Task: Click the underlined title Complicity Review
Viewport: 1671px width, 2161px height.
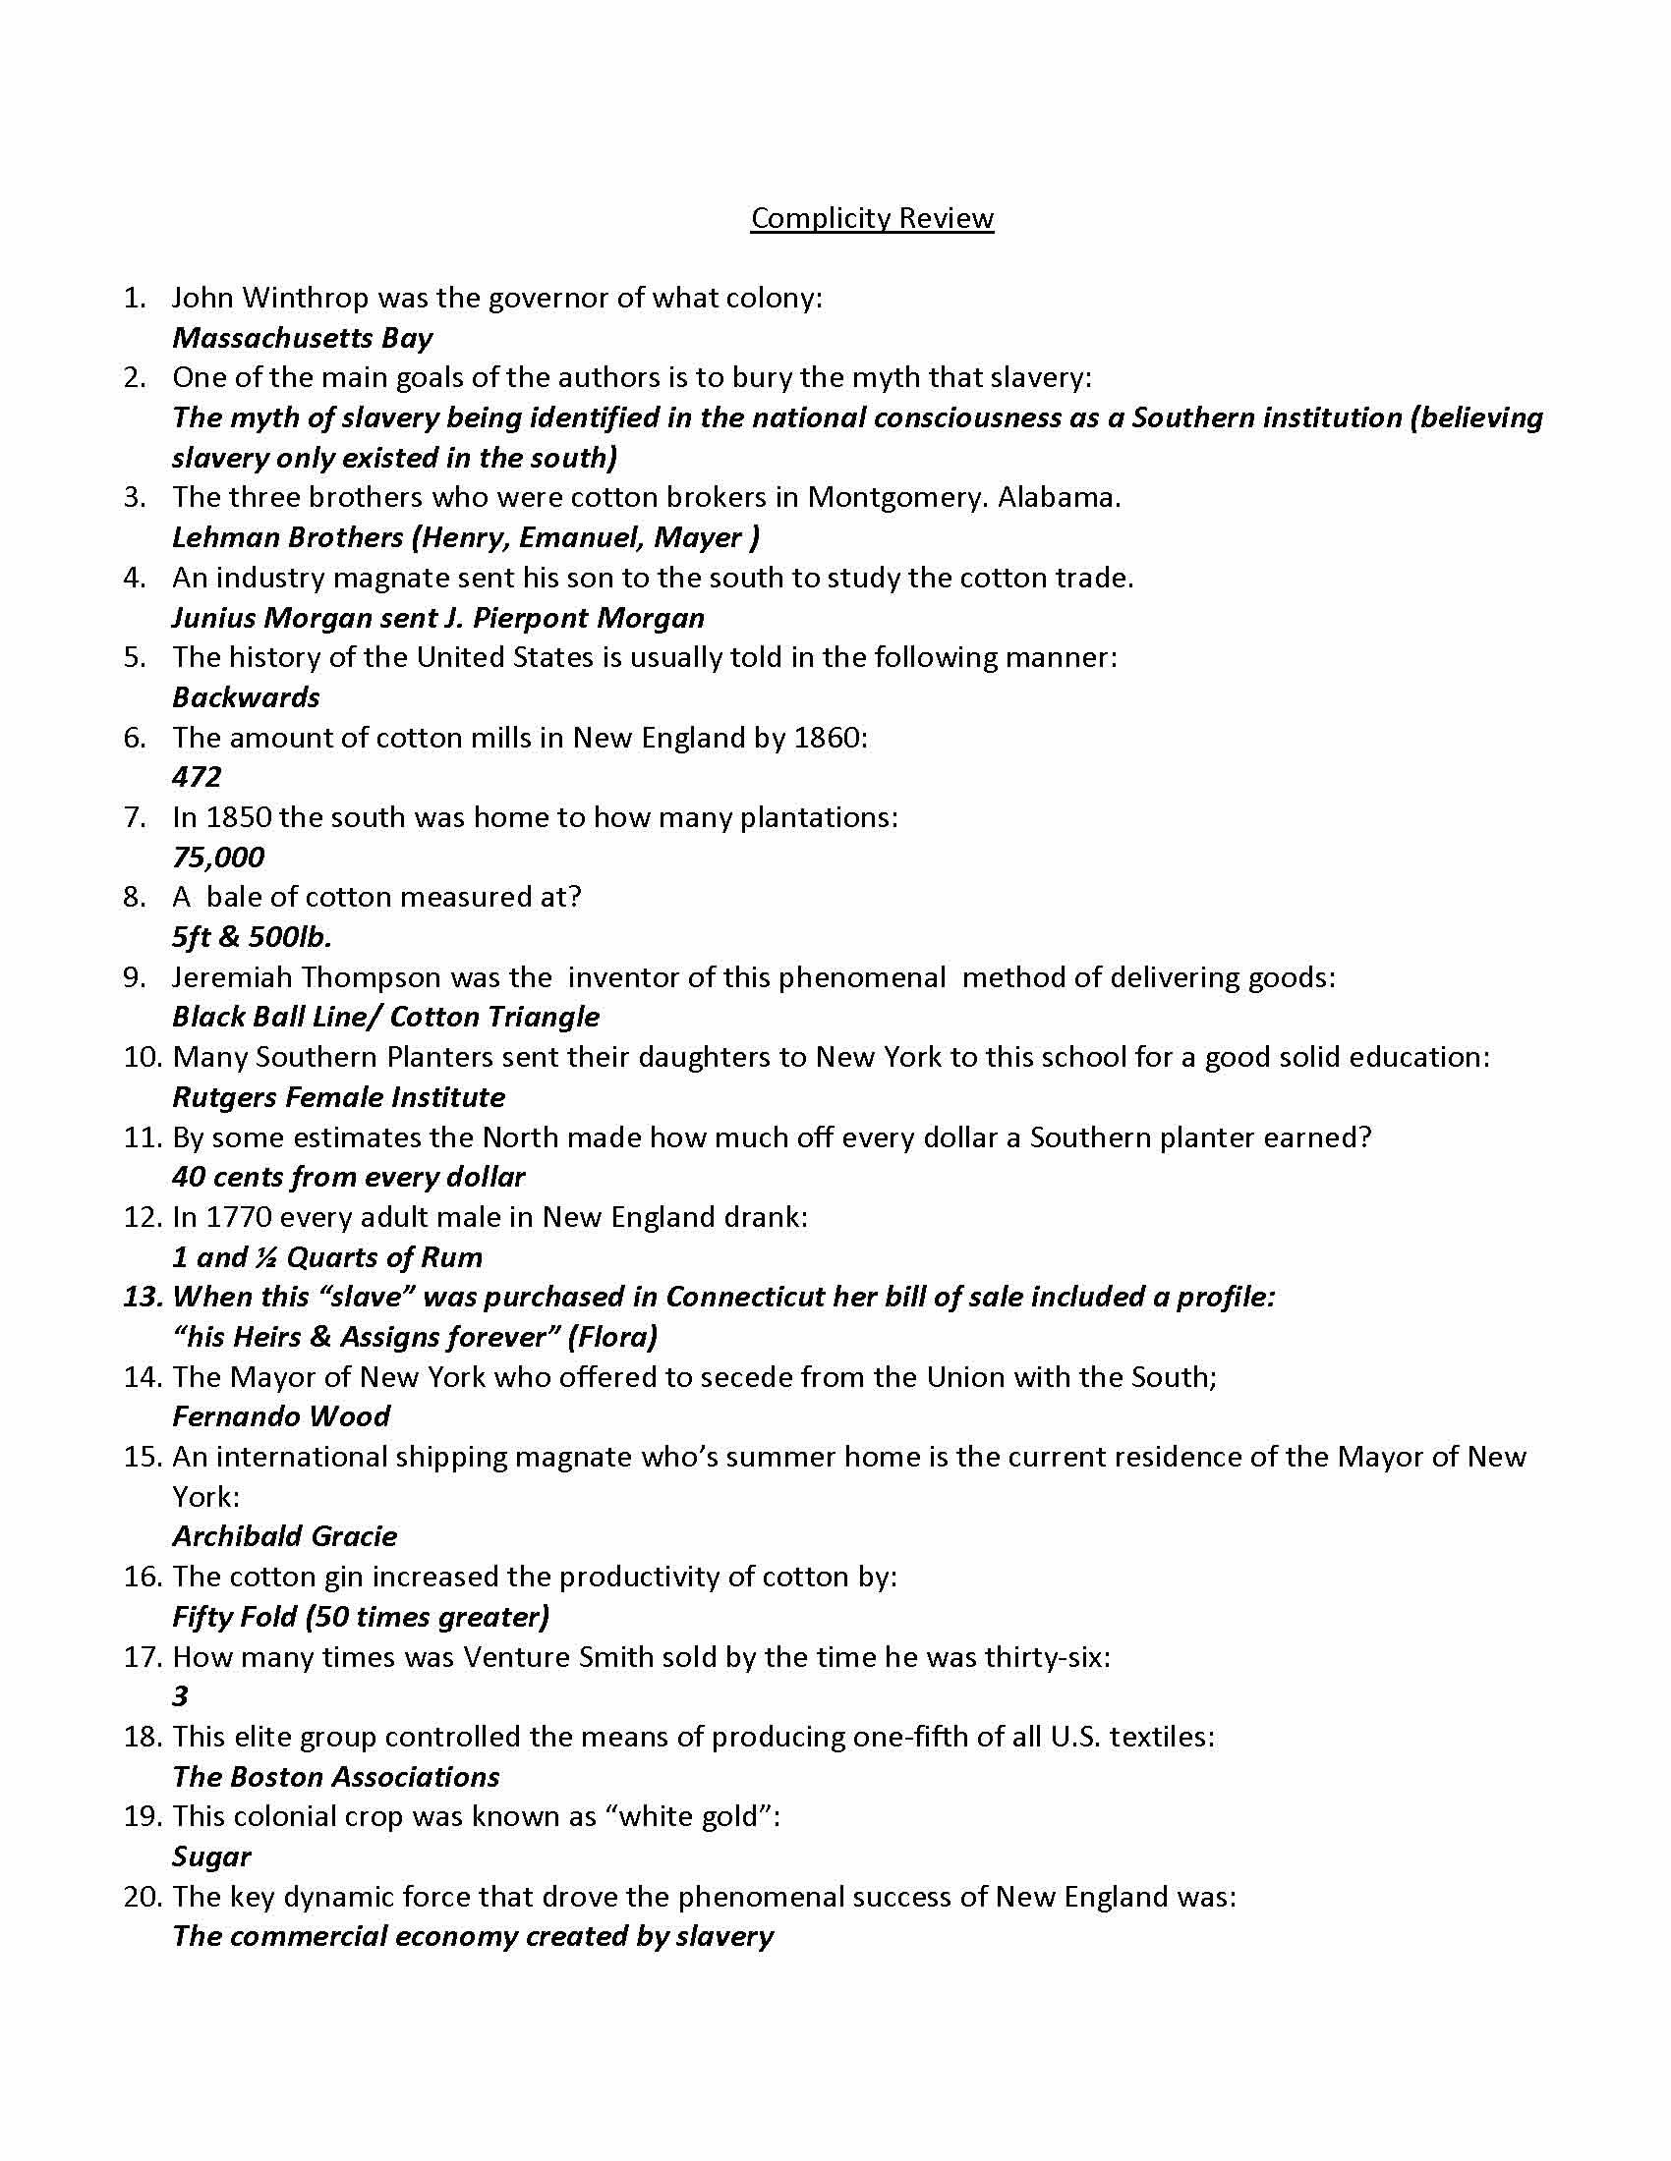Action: (x=871, y=218)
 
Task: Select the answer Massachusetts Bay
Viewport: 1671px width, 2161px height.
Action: (x=302, y=339)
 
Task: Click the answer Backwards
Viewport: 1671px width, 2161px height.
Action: (x=246, y=697)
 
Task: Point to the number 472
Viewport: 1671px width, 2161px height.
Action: (x=196, y=778)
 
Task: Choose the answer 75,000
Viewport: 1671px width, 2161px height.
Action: (x=218, y=857)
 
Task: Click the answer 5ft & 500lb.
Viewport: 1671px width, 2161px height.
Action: (x=252, y=937)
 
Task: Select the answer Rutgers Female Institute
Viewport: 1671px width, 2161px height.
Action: (x=338, y=1097)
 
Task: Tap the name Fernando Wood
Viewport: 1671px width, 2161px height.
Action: (x=281, y=1416)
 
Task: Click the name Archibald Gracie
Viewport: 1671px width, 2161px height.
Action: (x=284, y=1536)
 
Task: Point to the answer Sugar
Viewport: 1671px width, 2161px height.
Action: (x=211, y=1856)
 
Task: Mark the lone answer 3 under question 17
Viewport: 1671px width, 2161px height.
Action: (x=180, y=1697)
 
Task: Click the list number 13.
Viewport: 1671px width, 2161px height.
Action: (x=143, y=1298)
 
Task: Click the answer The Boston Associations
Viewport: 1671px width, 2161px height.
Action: (x=335, y=1777)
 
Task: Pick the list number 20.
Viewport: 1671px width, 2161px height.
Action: (x=143, y=1897)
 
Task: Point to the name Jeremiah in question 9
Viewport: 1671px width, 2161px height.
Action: (x=231, y=977)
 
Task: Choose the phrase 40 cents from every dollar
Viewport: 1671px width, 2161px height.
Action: (x=349, y=1178)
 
